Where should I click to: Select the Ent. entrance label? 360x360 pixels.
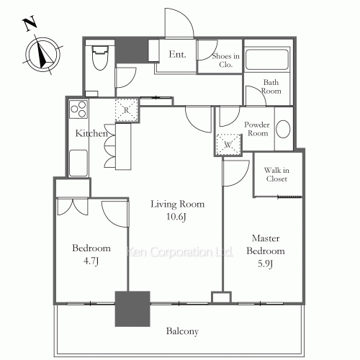pos(178,54)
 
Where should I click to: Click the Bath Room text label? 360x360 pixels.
pos(272,87)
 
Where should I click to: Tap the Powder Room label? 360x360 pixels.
pos(258,128)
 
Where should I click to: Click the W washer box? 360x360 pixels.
pos(228,144)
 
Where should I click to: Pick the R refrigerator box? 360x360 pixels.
pos(126,109)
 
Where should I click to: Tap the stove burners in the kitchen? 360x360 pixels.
pos(78,109)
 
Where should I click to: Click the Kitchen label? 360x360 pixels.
pos(91,134)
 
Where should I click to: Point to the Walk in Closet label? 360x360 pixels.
pos(276,174)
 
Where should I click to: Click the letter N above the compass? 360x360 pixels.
pos(30,24)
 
